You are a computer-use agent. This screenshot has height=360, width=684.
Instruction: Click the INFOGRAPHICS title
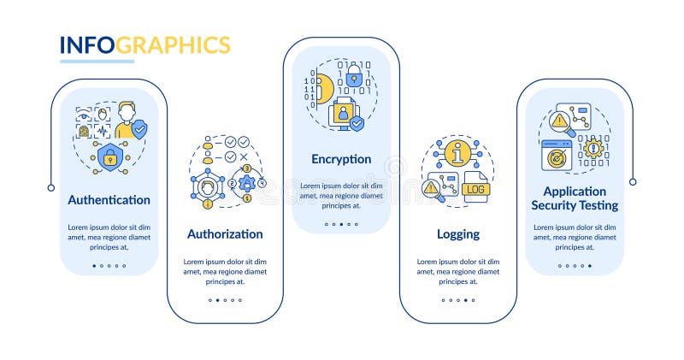click(x=144, y=45)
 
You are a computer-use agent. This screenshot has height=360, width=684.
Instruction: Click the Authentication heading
click(x=109, y=200)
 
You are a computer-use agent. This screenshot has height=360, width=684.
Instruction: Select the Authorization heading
click(x=225, y=233)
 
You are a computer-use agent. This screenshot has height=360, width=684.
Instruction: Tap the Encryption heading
click(x=341, y=159)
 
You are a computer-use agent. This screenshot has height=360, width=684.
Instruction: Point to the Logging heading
click(x=457, y=233)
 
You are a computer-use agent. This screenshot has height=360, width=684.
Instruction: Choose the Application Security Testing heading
click(x=575, y=198)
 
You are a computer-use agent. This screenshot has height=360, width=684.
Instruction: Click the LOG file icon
click(x=474, y=188)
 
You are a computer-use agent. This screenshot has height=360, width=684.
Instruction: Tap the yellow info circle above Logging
click(x=457, y=154)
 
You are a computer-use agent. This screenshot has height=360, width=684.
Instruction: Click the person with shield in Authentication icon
click(x=129, y=121)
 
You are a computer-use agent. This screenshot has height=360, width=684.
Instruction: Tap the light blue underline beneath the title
click(x=96, y=62)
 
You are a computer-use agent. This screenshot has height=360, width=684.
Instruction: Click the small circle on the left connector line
click(x=50, y=187)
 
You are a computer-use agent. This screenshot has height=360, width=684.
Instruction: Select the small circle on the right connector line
click(x=633, y=181)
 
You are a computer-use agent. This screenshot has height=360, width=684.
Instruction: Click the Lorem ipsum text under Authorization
click(x=225, y=269)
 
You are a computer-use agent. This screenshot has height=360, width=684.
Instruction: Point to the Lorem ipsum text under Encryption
click(x=341, y=195)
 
